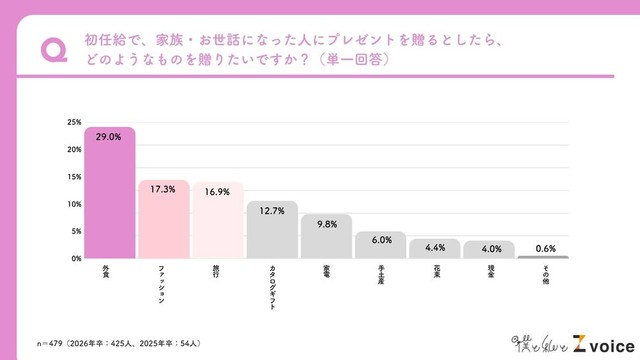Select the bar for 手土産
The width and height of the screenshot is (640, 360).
pos(380,245)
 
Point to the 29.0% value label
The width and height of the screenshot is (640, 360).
pos(109,136)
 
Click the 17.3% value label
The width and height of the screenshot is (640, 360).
pos(163,188)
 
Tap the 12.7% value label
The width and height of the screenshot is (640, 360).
pos(271,211)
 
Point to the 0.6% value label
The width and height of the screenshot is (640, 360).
pos(543,248)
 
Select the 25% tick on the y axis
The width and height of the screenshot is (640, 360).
pos(74,122)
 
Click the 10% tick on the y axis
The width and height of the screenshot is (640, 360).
pos(74,204)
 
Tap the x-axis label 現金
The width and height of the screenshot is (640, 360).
pos(488,270)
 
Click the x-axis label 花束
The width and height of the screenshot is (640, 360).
pos(434,270)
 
